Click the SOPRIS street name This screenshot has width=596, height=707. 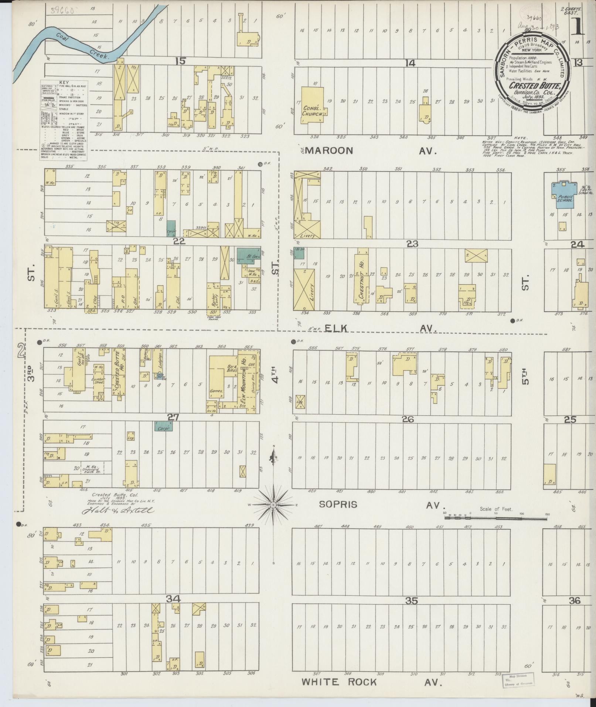pyautogui.click(x=338, y=504)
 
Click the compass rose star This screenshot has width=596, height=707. pyautogui.click(x=273, y=505)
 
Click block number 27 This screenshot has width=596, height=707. pyautogui.click(x=173, y=417)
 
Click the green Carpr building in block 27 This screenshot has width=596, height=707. pyautogui.click(x=163, y=426)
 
